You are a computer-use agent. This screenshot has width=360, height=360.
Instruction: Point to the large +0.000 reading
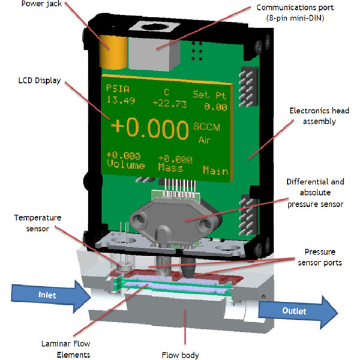point(149,130)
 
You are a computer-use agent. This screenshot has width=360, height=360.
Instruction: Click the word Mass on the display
point(172,167)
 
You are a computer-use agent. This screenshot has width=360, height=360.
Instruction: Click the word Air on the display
point(205,139)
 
